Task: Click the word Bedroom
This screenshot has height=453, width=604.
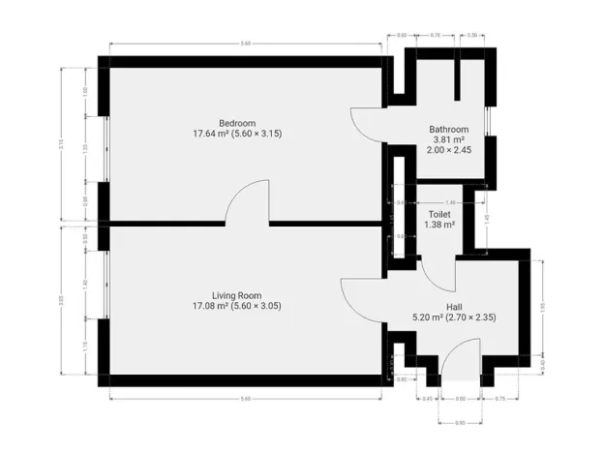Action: pos(236,123)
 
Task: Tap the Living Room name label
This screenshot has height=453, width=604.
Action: pos(236,294)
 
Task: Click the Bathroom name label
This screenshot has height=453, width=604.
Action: pos(449,130)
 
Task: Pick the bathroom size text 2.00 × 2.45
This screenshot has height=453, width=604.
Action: pos(449,151)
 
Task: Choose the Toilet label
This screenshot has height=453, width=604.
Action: pos(439,214)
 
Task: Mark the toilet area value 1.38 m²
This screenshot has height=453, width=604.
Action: pos(439,225)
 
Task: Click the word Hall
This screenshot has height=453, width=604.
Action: pos(453,305)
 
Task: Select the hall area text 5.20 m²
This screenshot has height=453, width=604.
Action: pos(427,317)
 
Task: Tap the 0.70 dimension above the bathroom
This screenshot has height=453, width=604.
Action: pos(436,35)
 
